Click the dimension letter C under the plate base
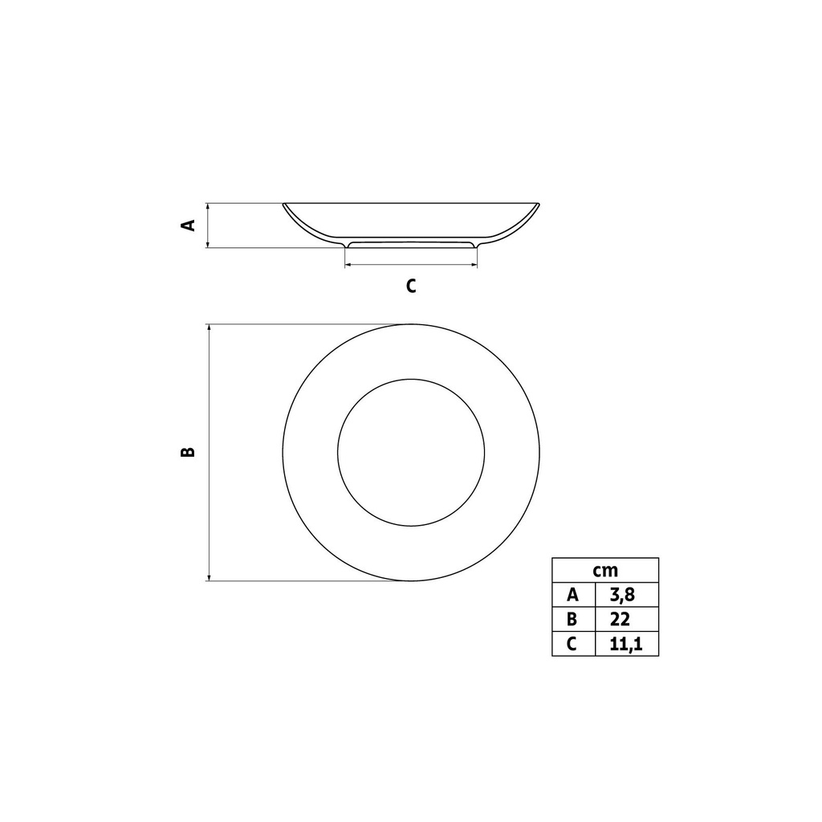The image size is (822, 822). (411, 286)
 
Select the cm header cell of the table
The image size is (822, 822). (605, 570)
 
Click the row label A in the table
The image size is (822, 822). (572, 595)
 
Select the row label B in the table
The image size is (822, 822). (572, 619)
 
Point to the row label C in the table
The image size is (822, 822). (572, 644)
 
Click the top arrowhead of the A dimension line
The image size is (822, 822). (209, 206)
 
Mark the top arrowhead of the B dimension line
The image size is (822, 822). (209, 328)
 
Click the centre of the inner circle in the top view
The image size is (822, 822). (411, 453)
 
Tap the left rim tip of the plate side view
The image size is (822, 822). (283, 205)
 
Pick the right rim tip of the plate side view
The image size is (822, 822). (539, 205)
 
